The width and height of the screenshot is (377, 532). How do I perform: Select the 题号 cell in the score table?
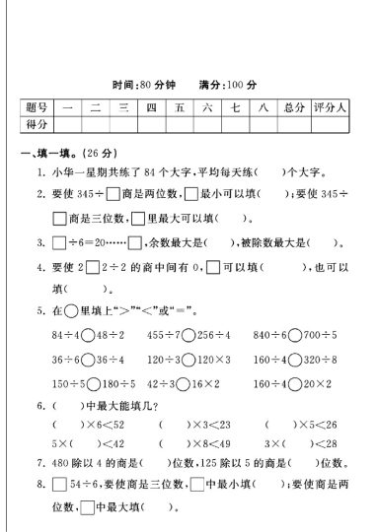(x=37, y=107)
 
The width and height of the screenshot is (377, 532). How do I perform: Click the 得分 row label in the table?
(x=37, y=124)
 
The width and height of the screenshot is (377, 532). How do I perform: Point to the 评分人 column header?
(x=328, y=107)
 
